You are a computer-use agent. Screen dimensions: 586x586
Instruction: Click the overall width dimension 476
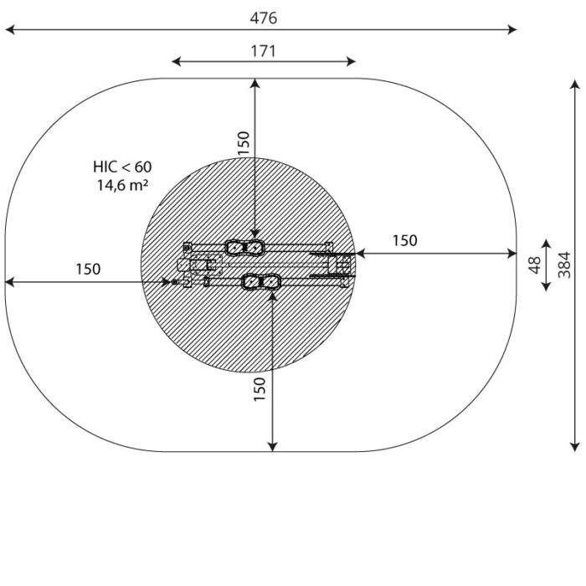pyautogui.click(x=264, y=18)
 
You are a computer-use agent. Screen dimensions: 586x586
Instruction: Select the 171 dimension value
pyautogui.click(x=264, y=51)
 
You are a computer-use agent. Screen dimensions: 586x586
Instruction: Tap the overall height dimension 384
pyautogui.click(x=564, y=265)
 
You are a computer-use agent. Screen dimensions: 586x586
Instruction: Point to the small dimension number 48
pyautogui.click(x=535, y=265)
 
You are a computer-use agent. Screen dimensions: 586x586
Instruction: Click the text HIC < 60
pyautogui.click(x=122, y=167)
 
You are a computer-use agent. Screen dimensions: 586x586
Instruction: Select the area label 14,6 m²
pyautogui.click(x=122, y=185)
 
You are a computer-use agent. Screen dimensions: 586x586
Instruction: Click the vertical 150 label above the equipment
pyautogui.click(x=244, y=143)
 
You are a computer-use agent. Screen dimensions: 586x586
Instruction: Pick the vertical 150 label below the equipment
pyautogui.click(x=260, y=389)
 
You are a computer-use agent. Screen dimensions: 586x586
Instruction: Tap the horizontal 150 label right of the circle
pyautogui.click(x=404, y=241)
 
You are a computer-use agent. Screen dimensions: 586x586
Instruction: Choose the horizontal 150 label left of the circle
pyautogui.click(x=88, y=269)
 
